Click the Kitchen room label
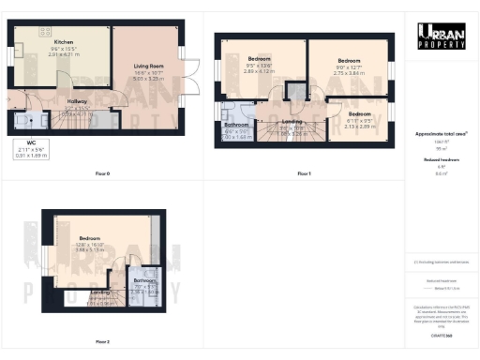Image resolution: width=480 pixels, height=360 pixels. point(64,42)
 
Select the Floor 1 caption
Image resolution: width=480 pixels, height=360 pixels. point(304,173)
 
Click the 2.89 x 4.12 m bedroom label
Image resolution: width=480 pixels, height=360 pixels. point(259,63)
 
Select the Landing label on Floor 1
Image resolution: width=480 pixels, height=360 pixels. point(292,124)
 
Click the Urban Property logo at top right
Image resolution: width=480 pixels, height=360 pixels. point(442,35)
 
